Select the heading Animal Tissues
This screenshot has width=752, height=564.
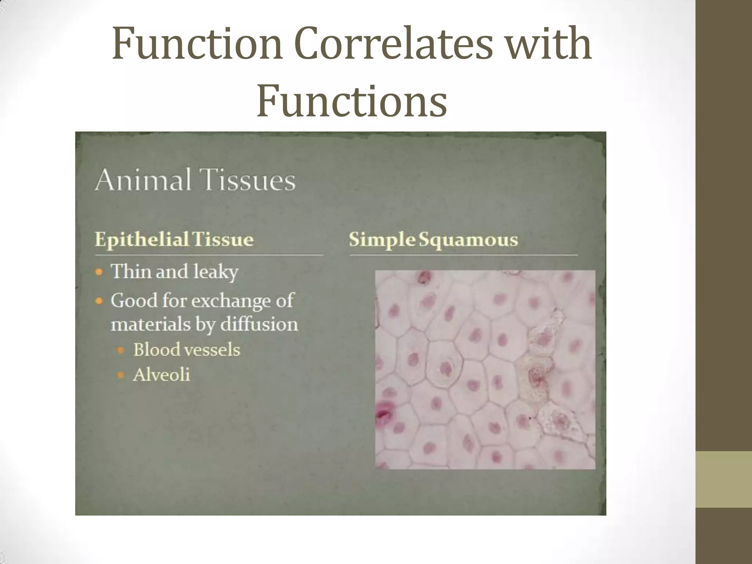click(195, 180)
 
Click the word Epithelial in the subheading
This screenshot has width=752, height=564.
click(142, 239)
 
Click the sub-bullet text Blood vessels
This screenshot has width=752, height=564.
click(187, 350)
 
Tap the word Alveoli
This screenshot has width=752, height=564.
click(162, 375)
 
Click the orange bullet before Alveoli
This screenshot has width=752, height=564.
click(120, 375)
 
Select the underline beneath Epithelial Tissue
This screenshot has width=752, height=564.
click(209, 254)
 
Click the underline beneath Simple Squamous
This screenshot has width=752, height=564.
click(463, 254)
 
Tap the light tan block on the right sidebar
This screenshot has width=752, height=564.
click(724, 480)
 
